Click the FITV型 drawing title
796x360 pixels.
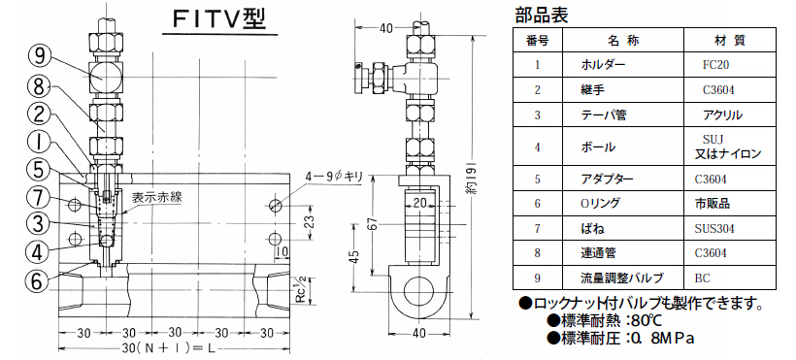(219, 19)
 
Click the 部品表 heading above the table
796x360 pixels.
(541, 16)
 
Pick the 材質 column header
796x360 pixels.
(729, 41)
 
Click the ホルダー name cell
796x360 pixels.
(603, 65)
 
